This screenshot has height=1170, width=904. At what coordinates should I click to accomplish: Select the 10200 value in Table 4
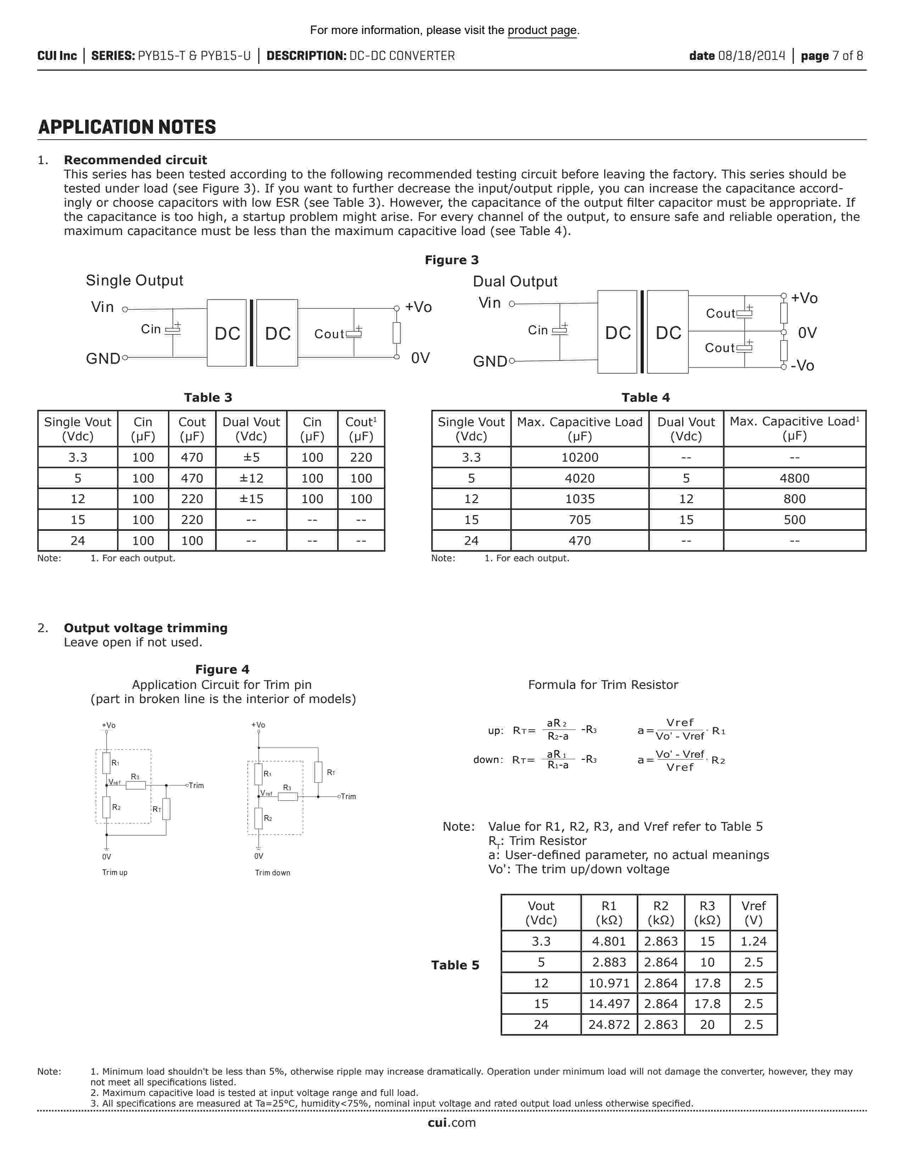(x=580, y=457)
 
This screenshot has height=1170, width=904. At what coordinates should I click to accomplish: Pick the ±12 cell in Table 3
(x=251, y=478)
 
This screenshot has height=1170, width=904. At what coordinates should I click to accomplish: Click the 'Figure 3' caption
(x=451, y=260)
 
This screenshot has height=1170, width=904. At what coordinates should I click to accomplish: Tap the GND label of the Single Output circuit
(x=103, y=358)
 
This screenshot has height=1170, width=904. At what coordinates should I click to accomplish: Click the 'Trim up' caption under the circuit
(x=115, y=872)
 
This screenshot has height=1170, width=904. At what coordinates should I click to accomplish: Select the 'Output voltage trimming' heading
(x=146, y=628)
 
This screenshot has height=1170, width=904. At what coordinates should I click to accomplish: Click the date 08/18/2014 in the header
(x=751, y=56)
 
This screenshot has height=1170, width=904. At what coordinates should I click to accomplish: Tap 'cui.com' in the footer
(x=451, y=1123)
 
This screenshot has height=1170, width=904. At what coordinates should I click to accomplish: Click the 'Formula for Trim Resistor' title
(x=603, y=685)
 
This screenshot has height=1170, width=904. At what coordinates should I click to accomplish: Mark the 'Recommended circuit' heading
(x=135, y=160)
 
